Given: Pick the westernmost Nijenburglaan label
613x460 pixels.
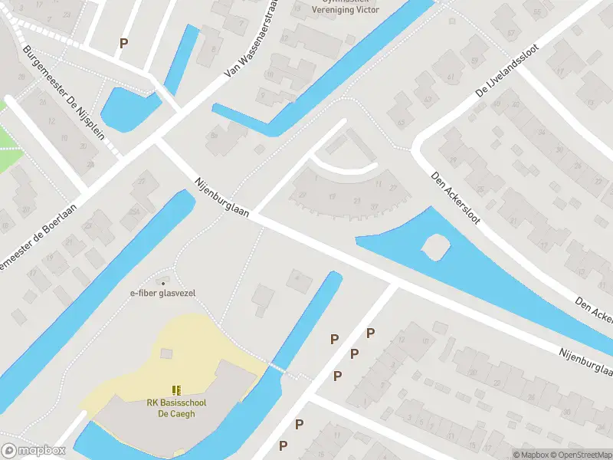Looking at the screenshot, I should (x=221, y=198).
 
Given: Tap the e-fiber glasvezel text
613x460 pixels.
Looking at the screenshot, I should (x=162, y=294).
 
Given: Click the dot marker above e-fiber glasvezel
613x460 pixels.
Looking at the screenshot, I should (x=162, y=283).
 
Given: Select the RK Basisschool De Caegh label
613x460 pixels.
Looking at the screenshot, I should (x=177, y=408).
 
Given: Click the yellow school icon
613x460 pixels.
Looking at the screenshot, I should (x=177, y=390).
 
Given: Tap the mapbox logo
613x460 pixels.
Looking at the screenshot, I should (x=33, y=451).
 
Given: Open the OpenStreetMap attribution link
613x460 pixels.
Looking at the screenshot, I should (x=579, y=455).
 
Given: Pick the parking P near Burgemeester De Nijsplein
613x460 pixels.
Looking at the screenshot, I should (x=123, y=44).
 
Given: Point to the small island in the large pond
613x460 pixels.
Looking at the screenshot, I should (x=435, y=247).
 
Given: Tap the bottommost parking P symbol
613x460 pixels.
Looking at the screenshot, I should (x=283, y=445).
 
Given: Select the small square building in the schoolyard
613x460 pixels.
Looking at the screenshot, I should (x=167, y=353).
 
